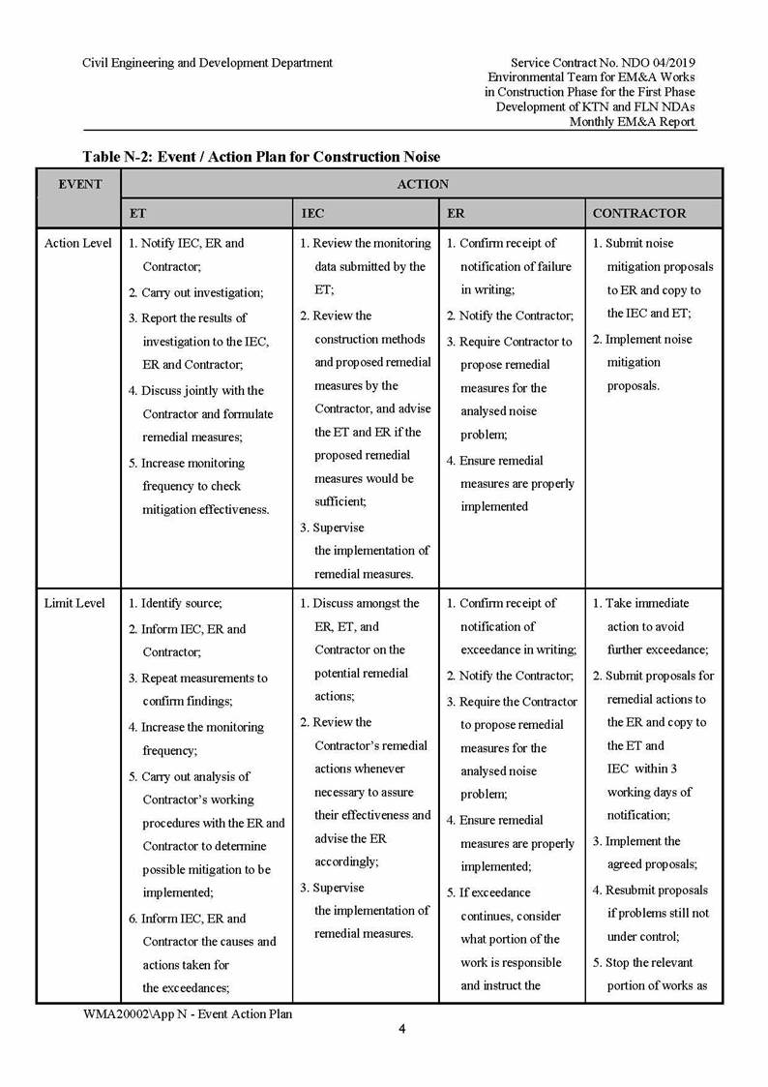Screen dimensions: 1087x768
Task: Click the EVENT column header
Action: click(80, 184)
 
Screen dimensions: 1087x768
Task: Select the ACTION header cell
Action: click(423, 184)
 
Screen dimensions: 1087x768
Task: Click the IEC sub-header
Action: click(312, 213)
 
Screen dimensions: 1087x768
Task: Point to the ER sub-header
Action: click(456, 213)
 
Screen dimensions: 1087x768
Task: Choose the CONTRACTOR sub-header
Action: click(638, 213)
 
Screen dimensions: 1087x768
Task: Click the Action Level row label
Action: click(78, 243)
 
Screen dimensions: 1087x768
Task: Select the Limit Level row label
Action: click(74, 603)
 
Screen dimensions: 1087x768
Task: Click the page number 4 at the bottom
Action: click(402, 1029)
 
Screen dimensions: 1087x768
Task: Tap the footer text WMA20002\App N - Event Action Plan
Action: click(188, 1013)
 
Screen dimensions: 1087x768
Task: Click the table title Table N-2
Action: click(261, 156)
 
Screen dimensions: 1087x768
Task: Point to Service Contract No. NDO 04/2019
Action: click(602, 63)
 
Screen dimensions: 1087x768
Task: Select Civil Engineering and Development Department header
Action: click(208, 63)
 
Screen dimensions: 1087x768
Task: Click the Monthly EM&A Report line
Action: click(632, 122)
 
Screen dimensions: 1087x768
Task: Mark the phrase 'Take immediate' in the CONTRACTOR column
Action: click(647, 603)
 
